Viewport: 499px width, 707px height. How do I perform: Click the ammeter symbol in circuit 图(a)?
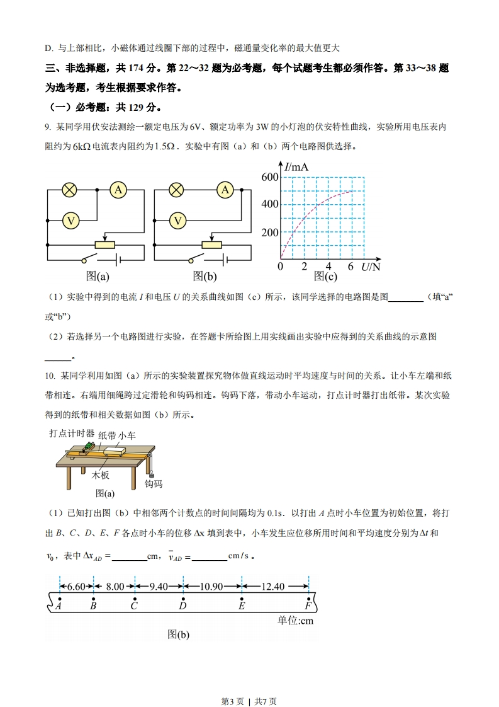tap(118, 189)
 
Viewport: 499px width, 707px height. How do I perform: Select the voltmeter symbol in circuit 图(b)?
tap(179, 221)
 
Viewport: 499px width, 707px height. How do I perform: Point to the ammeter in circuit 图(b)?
tap(225, 189)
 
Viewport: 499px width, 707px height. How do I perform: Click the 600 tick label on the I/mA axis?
tap(269, 178)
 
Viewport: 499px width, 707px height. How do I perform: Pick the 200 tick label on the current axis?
tap(269, 233)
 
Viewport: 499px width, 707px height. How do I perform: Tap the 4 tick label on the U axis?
tap(328, 267)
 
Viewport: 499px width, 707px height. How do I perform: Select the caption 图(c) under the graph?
tap(325, 276)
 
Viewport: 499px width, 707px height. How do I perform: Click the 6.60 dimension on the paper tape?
tap(76, 587)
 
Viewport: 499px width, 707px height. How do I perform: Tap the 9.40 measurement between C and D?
tap(159, 587)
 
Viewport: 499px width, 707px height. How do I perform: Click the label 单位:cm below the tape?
tap(295, 621)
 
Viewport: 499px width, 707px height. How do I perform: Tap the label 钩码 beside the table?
tap(154, 484)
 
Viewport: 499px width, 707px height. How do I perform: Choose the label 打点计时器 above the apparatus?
tap(72, 434)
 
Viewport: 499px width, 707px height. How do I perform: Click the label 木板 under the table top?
tap(101, 475)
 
